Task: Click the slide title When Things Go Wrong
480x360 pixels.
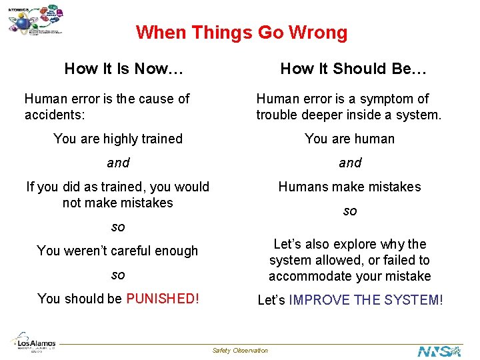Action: click(x=241, y=33)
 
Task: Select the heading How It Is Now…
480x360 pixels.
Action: click(x=123, y=69)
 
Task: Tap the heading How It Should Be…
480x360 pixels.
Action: click(x=353, y=69)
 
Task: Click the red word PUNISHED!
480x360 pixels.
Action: click(x=162, y=299)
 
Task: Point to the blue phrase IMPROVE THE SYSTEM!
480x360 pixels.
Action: click(x=366, y=300)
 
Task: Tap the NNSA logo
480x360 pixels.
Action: click(x=439, y=351)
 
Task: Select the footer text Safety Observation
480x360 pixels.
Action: click(x=240, y=351)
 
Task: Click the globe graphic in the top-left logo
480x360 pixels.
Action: click(x=24, y=23)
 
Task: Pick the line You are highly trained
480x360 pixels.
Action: click(x=118, y=139)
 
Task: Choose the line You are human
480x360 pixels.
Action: click(x=349, y=139)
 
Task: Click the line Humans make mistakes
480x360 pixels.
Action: click(x=349, y=187)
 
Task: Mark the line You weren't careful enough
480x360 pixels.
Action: click(x=117, y=251)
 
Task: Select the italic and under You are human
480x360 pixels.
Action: click(x=350, y=163)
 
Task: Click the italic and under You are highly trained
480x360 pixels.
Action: click(x=118, y=163)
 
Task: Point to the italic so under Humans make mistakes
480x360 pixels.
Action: click(x=350, y=211)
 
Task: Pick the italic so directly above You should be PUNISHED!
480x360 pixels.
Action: click(x=118, y=275)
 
